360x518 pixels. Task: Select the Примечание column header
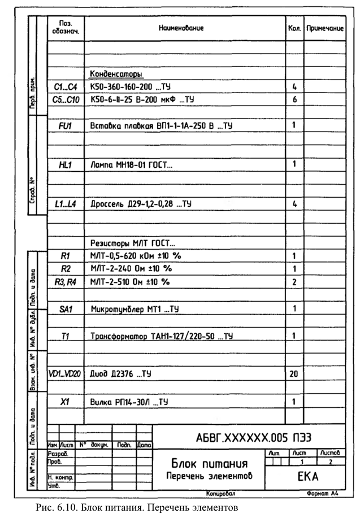coord(325,28)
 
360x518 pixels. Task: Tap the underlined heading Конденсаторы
coord(116,73)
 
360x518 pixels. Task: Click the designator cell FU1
coord(65,125)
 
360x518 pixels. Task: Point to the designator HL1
coord(65,164)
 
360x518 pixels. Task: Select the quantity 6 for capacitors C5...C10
coord(294,99)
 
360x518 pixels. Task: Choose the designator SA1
coord(65,309)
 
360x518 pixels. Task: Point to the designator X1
coord(65,402)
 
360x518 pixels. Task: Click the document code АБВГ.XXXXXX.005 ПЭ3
coord(254,438)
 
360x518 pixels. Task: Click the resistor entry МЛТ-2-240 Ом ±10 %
coord(131,268)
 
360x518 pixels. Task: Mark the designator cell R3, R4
coord(65,281)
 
